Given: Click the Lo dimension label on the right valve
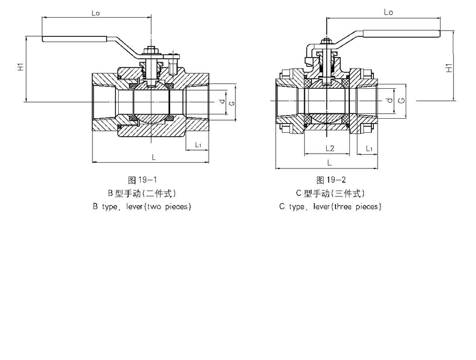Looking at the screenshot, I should (x=388, y=12).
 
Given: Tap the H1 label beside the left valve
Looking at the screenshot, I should (x=20, y=67).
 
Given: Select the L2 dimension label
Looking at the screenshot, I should (x=329, y=148).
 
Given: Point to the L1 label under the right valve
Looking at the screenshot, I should (x=369, y=148).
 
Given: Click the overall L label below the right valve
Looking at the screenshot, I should (x=329, y=162).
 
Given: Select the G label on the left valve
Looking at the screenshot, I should (x=231, y=102).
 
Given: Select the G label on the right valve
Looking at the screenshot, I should (x=401, y=99).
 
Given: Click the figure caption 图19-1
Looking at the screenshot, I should (x=144, y=180).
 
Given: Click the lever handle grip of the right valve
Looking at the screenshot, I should (x=401, y=34).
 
